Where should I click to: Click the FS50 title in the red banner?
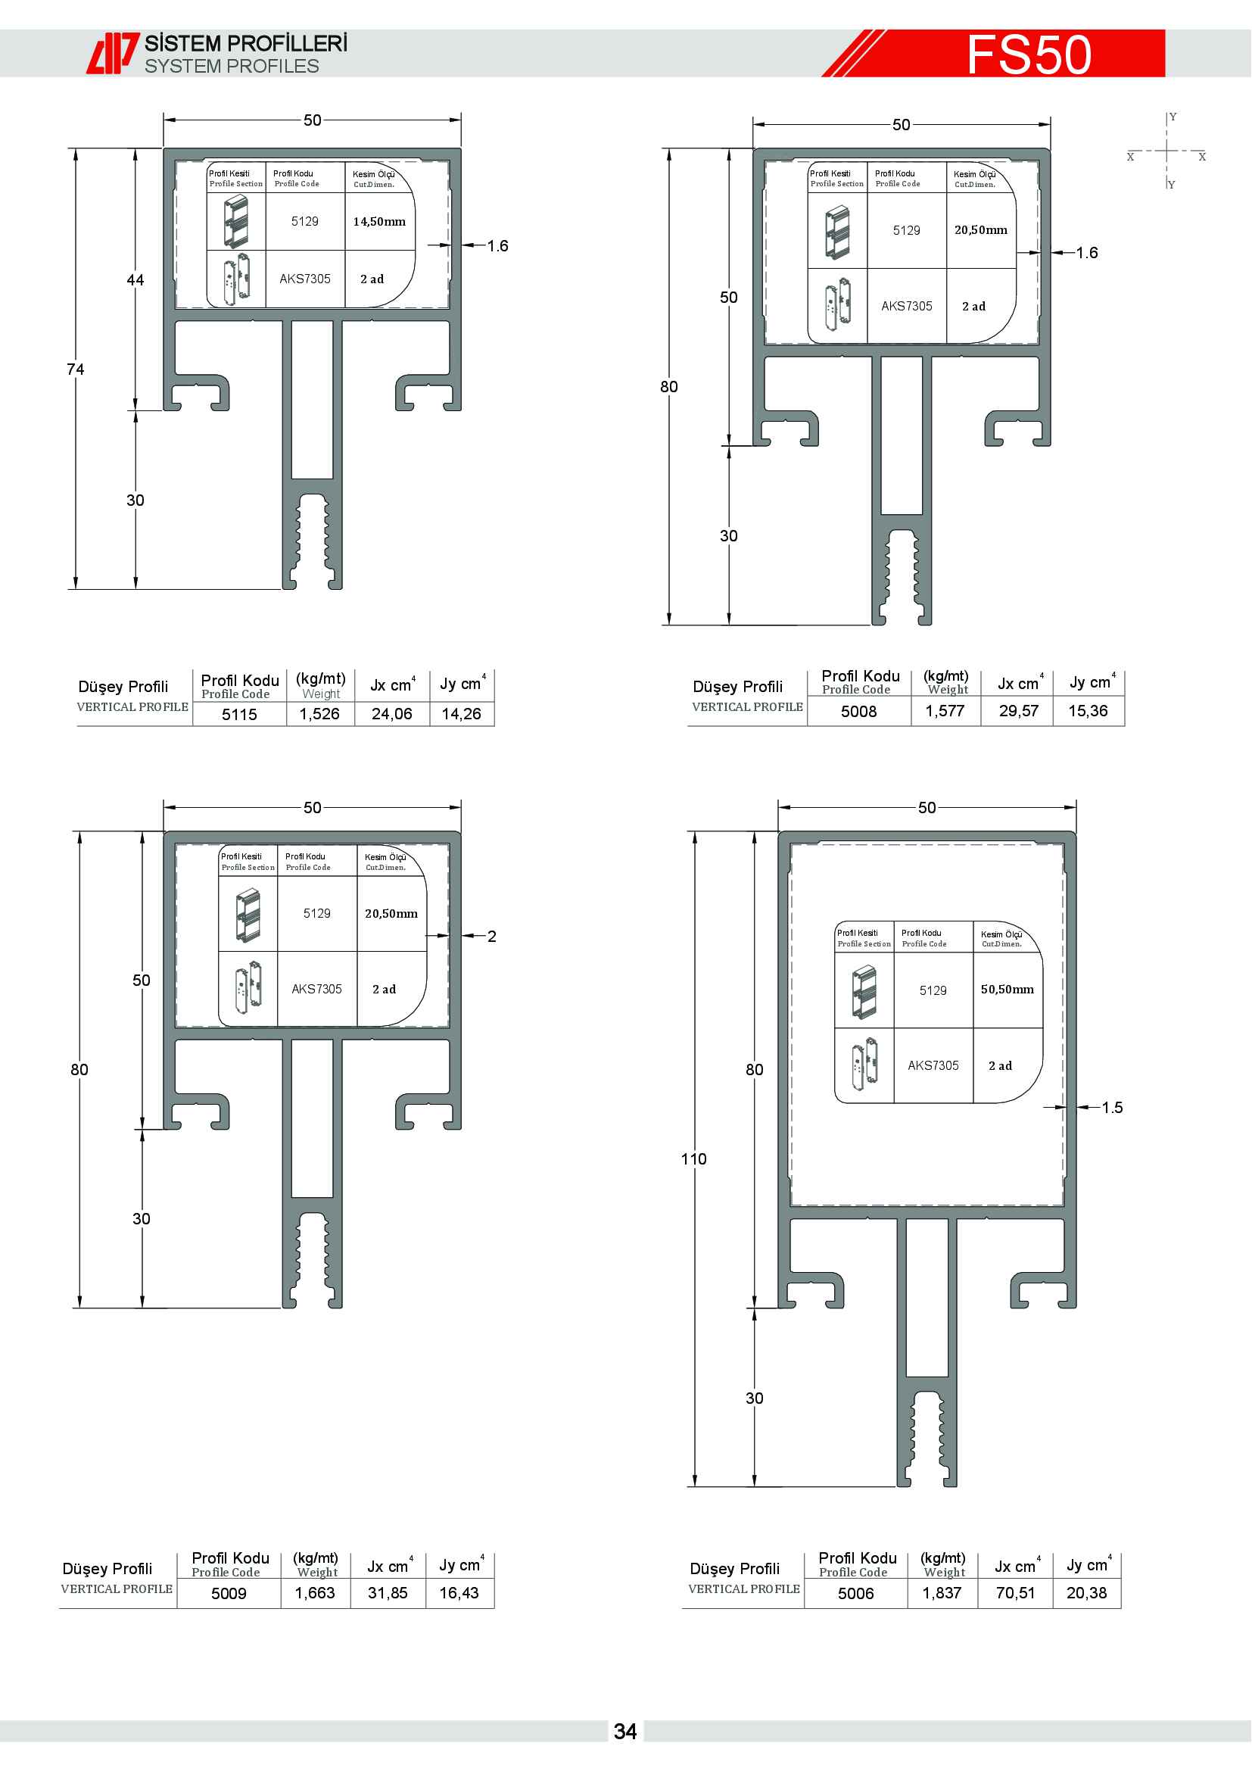(1029, 54)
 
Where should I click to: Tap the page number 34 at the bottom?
(625, 1732)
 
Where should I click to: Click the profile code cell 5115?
(239, 714)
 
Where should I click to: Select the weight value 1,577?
(945, 711)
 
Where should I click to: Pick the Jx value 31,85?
(388, 1593)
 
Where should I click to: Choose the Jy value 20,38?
(1086, 1593)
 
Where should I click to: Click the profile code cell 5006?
(856, 1594)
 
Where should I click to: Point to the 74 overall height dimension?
(76, 369)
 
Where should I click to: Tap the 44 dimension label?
(135, 280)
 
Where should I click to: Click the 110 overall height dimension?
(694, 1159)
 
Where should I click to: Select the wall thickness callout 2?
(491, 937)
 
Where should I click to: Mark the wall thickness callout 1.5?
(1112, 1108)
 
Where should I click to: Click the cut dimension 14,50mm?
(379, 221)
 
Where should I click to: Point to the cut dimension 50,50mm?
(1008, 990)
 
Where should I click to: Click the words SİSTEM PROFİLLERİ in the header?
(246, 43)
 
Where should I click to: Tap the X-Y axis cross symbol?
(1167, 151)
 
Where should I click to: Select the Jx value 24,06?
(391, 714)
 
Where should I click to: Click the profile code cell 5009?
(229, 1594)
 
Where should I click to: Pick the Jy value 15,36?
(1088, 711)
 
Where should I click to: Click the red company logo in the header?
(113, 53)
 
